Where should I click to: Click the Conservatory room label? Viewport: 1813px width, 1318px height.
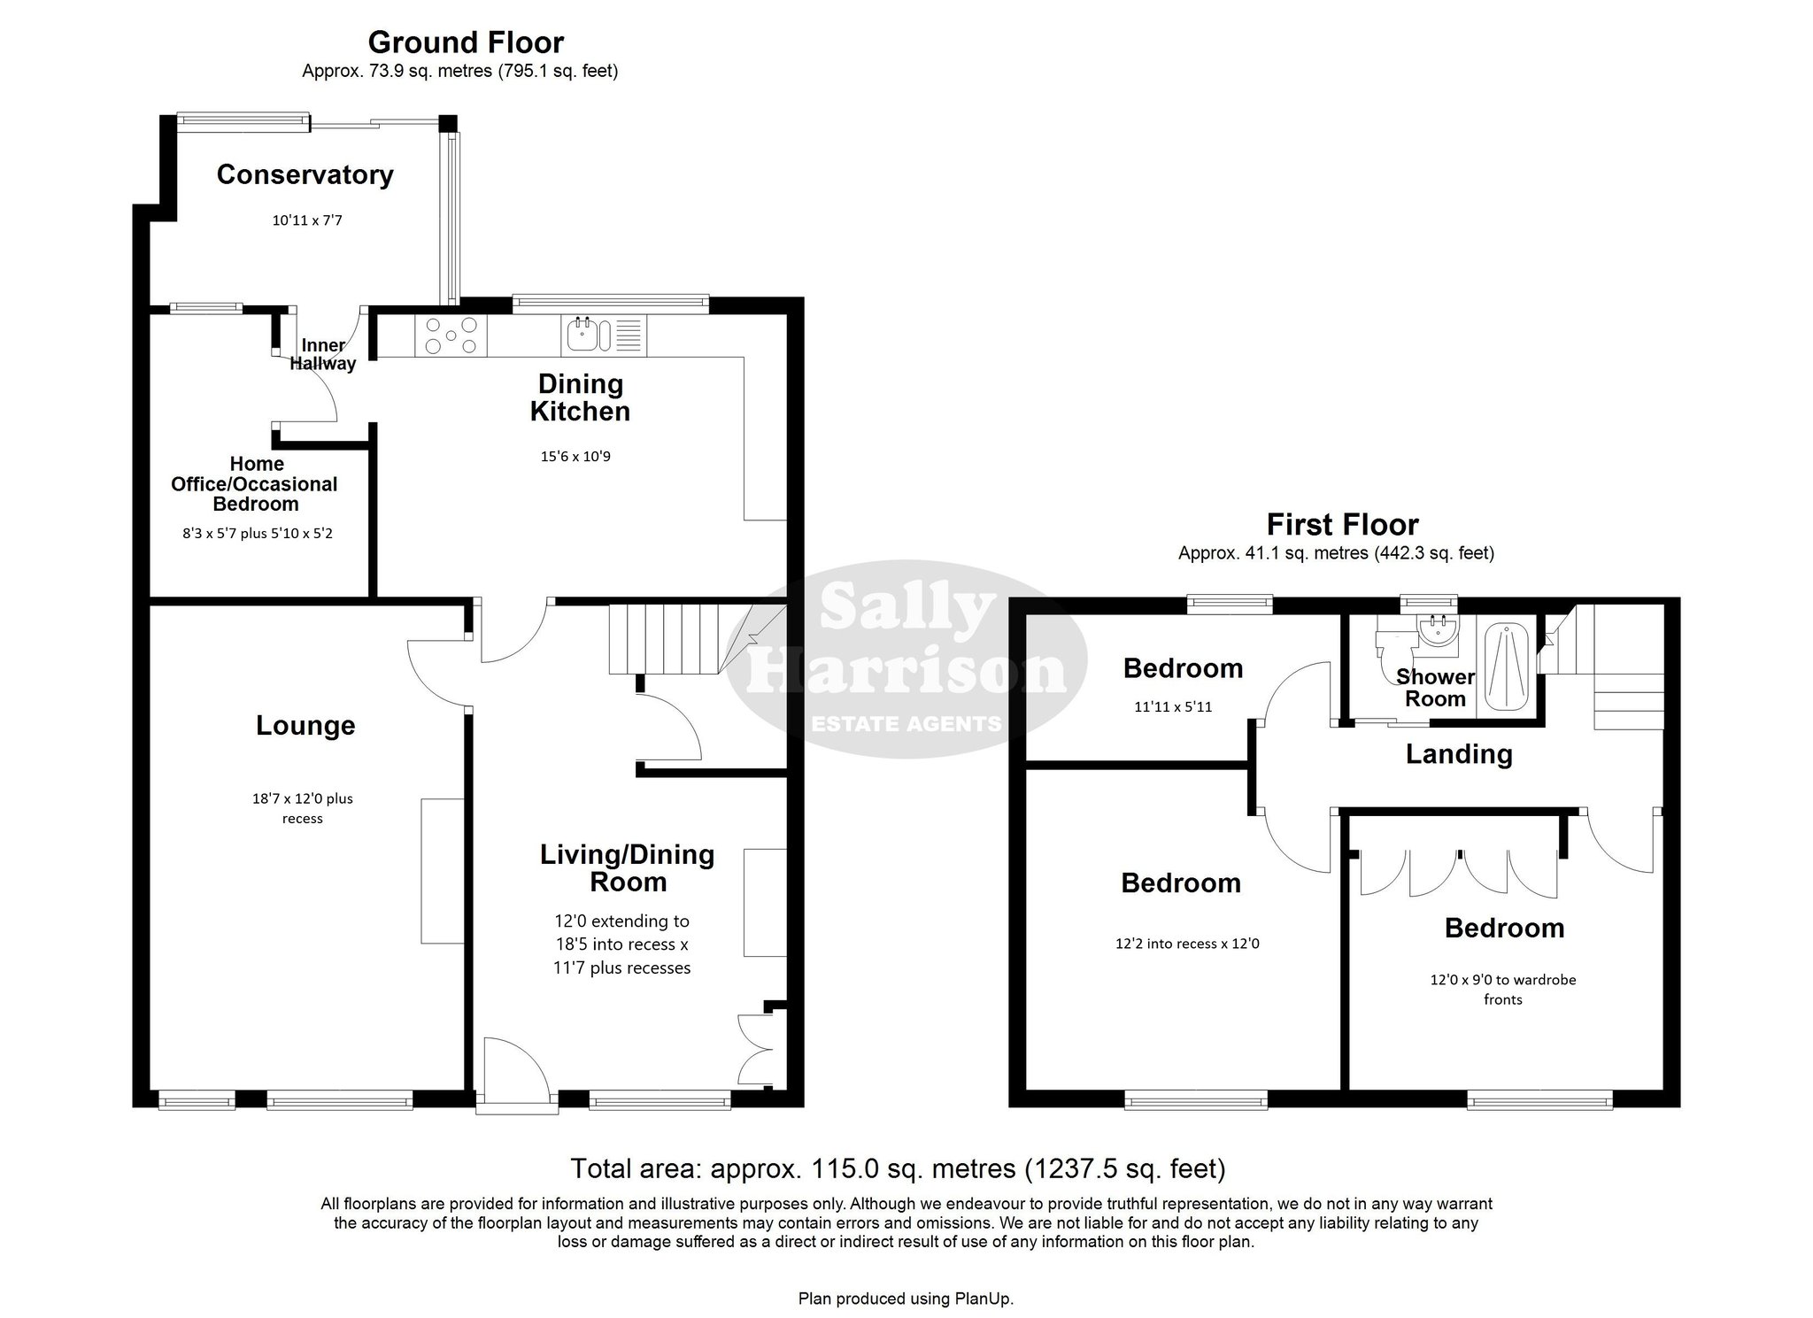click(x=305, y=174)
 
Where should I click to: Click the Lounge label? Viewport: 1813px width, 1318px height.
click(x=305, y=726)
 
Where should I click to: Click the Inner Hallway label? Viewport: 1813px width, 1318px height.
click(x=323, y=354)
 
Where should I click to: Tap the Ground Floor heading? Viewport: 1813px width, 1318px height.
click(x=466, y=42)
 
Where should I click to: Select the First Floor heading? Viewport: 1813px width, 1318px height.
click(x=1342, y=524)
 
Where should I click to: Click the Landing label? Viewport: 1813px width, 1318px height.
click(x=1459, y=754)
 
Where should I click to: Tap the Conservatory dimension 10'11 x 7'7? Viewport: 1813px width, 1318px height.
click(x=306, y=220)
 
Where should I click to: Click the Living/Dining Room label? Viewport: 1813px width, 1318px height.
click(x=628, y=868)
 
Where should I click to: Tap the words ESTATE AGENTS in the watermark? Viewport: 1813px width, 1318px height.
click(x=906, y=724)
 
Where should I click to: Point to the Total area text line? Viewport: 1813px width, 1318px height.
click(x=898, y=1169)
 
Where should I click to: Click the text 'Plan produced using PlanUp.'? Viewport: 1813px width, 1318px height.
click(x=906, y=1299)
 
